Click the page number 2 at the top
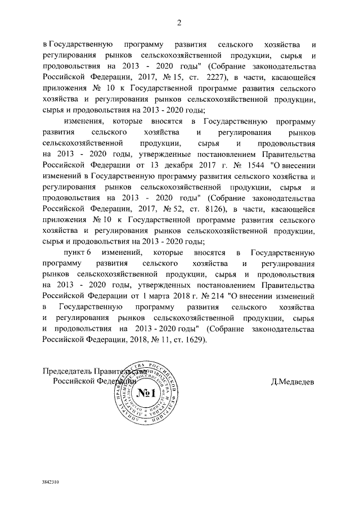[179, 22]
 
